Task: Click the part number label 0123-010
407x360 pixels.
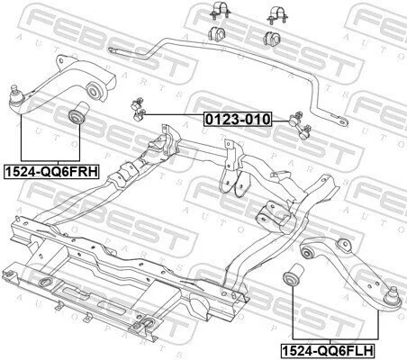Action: [238, 119]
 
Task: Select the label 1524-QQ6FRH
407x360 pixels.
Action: [51, 172]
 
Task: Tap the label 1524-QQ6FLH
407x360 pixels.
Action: [328, 350]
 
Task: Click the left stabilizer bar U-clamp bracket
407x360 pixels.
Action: [221, 11]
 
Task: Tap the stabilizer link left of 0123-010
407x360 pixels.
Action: [138, 109]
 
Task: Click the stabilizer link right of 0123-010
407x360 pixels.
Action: [300, 125]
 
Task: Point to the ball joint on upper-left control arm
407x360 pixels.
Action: [14, 95]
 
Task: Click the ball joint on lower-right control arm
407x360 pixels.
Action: [393, 297]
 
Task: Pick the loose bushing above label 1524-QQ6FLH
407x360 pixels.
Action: [294, 274]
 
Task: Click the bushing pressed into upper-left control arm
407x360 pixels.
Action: [94, 89]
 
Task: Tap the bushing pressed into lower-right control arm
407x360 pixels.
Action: [307, 253]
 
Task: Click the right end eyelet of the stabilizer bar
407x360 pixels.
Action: [342, 121]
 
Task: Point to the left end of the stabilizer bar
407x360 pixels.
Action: [112, 49]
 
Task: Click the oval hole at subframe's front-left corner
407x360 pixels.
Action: [46, 282]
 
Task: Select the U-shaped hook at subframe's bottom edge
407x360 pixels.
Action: [147, 324]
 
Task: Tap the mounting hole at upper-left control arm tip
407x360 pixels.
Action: [61, 61]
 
